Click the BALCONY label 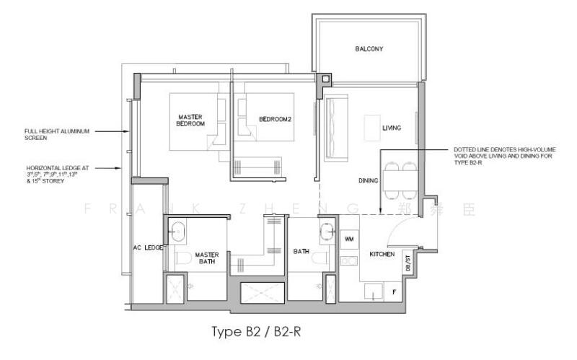click(x=369, y=50)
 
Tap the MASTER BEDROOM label click(x=191, y=120)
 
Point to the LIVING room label click(x=392, y=128)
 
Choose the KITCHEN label click(x=381, y=255)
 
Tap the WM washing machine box click(x=349, y=238)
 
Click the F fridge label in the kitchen click(x=393, y=291)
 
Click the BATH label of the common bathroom click(x=301, y=252)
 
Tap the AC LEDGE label click(x=147, y=247)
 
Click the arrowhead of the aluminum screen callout click(x=125, y=132)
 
